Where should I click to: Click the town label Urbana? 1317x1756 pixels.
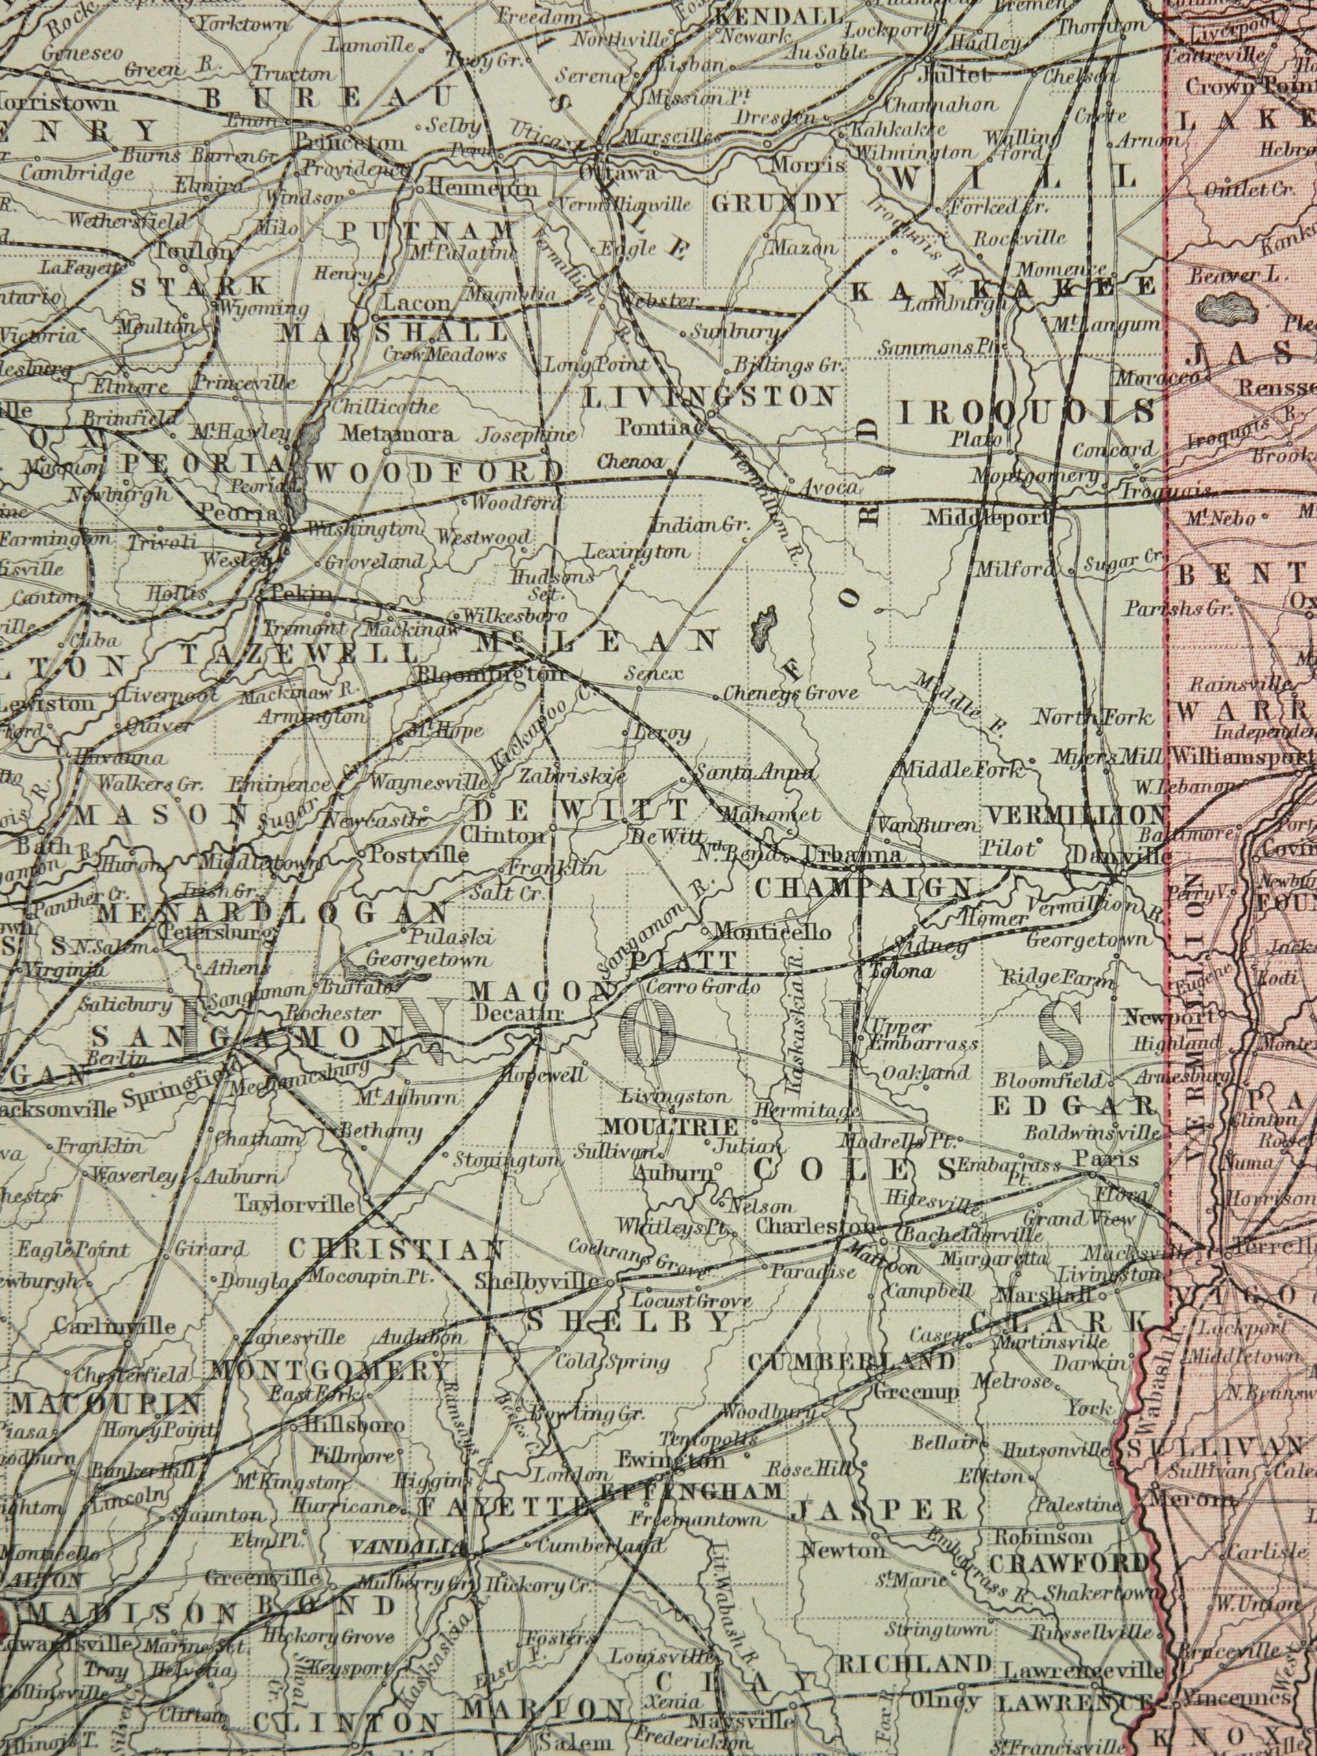(x=853, y=855)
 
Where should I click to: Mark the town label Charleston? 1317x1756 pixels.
(x=814, y=1226)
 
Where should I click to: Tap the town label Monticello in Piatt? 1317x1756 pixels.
(x=772, y=930)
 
